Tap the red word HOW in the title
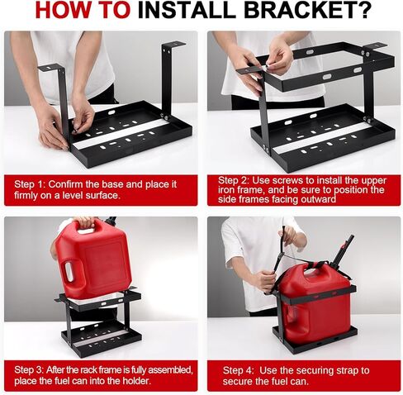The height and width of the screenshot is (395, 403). point(59,10)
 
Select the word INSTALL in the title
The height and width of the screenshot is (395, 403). point(187,10)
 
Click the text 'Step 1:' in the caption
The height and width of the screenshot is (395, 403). point(30,184)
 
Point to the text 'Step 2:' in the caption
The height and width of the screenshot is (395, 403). point(234,181)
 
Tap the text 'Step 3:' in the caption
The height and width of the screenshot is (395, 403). point(29,370)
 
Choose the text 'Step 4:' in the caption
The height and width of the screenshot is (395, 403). point(238,370)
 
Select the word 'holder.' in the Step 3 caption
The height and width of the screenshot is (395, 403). point(137,381)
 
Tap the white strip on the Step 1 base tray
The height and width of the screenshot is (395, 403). point(121,133)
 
